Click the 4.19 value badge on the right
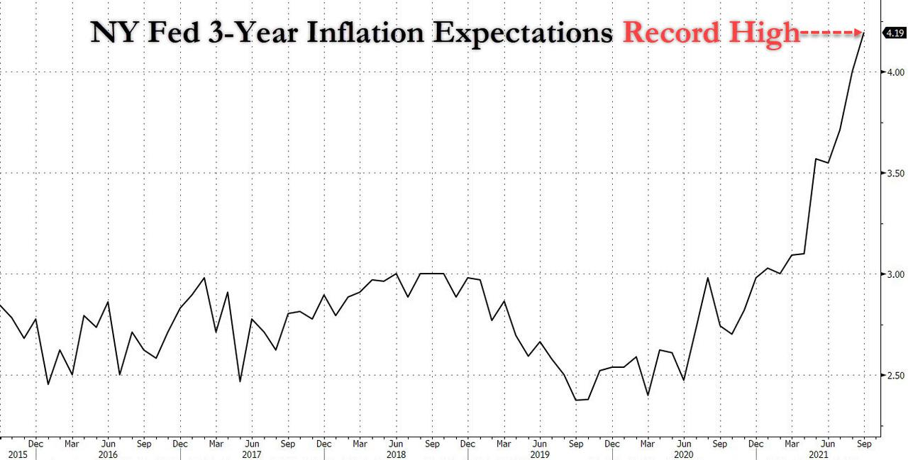[893, 33]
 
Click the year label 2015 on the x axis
[17, 454]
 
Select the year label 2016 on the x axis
[108, 454]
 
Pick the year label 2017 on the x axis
[252, 454]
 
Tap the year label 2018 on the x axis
[396, 454]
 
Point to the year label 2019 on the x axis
[540, 454]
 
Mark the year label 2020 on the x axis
[683, 454]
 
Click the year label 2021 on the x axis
[827, 454]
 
